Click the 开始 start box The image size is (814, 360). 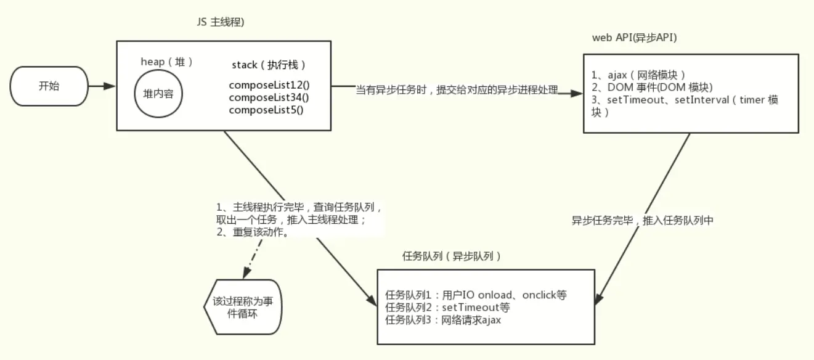pos(49,86)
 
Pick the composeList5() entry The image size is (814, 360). pos(266,110)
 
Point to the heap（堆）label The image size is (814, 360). pos(167,62)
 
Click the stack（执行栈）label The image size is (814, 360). pos(269,65)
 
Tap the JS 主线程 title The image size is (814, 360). pos(220,22)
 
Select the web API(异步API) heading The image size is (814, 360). pos(633,38)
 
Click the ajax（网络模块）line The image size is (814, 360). pos(638,75)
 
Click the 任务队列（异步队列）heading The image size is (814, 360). pos(451,256)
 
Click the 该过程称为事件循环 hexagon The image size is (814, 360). pos(243,307)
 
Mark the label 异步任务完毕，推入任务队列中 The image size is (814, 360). pos(642,220)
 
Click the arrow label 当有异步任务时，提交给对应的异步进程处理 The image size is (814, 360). pos(457,90)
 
